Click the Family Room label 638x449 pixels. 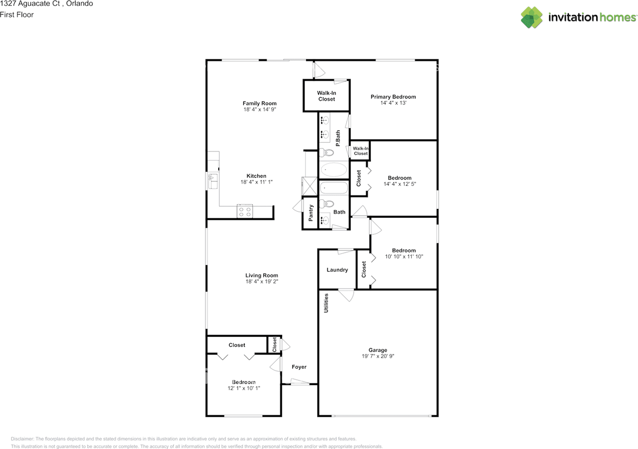pyautogui.click(x=260, y=103)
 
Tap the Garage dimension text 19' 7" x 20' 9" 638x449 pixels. pyautogui.click(x=378, y=356)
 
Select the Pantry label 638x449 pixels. pyautogui.click(x=311, y=213)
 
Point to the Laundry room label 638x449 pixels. pyautogui.click(x=337, y=270)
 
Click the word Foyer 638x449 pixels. pyautogui.click(x=299, y=367)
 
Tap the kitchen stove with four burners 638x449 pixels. pyautogui.click(x=245, y=211)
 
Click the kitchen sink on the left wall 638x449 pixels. pyautogui.click(x=212, y=181)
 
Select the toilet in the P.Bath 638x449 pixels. pyautogui.click(x=326, y=153)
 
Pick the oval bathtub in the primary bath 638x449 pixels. pyautogui.click(x=334, y=170)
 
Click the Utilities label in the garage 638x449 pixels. pyautogui.click(x=326, y=303)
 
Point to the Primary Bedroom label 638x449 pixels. pyautogui.click(x=393, y=97)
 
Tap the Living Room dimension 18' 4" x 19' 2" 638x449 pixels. pyautogui.click(x=262, y=281)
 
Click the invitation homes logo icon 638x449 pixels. pyautogui.click(x=531, y=17)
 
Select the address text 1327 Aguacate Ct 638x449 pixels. pyautogui.click(x=30, y=3)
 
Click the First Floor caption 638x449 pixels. pyautogui.click(x=17, y=15)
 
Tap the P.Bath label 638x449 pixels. pyautogui.click(x=338, y=139)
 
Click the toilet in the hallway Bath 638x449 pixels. pyautogui.click(x=326, y=204)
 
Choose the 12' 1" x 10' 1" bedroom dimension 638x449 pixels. pyautogui.click(x=244, y=388)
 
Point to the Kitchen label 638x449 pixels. pyautogui.click(x=256, y=176)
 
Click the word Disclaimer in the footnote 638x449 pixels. pyautogui.click(x=22, y=439)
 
